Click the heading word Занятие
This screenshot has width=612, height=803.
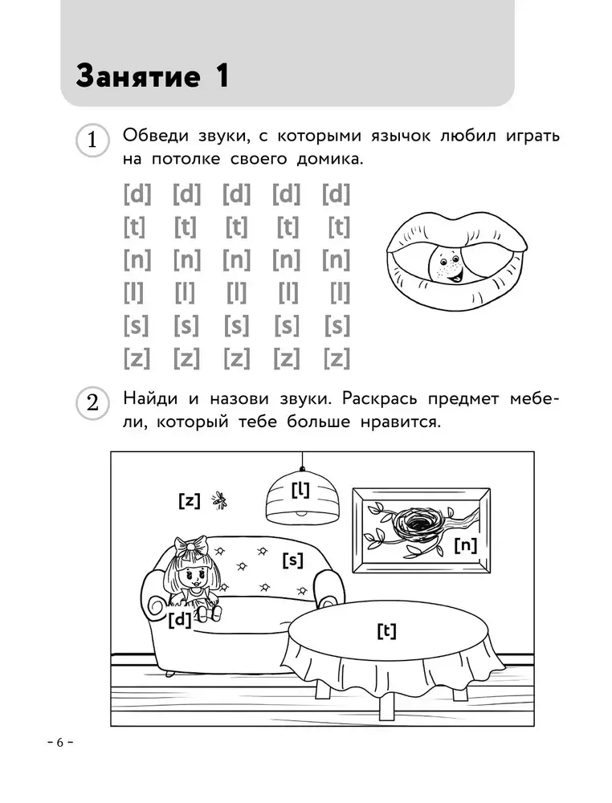137,76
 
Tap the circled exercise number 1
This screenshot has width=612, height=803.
92,141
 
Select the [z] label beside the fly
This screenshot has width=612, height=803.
189,501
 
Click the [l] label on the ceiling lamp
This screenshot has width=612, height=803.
301,488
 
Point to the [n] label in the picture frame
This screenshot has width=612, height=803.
465,545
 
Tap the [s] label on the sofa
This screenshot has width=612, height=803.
292,560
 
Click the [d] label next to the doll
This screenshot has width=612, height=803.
180,619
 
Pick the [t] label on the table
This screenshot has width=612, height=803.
386,631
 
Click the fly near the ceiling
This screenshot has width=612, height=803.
218,501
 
